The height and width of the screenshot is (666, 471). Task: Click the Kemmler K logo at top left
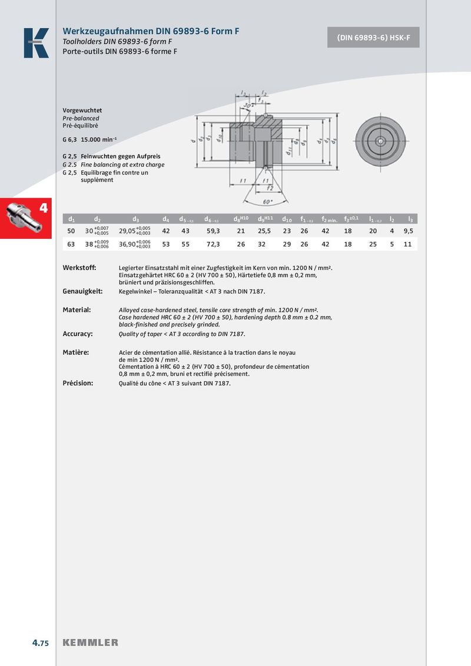click(36, 43)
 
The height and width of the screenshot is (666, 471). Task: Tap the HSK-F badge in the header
click(373, 38)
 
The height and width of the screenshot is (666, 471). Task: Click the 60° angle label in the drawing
click(267, 202)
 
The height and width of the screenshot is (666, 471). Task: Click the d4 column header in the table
click(166, 219)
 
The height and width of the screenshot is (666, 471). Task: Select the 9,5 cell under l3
click(408, 231)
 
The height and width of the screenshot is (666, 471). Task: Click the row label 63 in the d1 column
click(71, 244)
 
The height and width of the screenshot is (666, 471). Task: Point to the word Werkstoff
click(79, 268)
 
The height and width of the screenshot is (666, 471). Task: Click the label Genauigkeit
click(82, 291)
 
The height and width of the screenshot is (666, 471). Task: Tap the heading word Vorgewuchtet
click(82, 110)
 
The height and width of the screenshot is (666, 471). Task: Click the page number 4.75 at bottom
click(41, 642)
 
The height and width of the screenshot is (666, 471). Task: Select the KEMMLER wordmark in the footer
click(90, 642)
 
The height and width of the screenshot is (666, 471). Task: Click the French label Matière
click(76, 352)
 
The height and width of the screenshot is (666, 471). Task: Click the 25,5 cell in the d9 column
click(264, 231)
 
